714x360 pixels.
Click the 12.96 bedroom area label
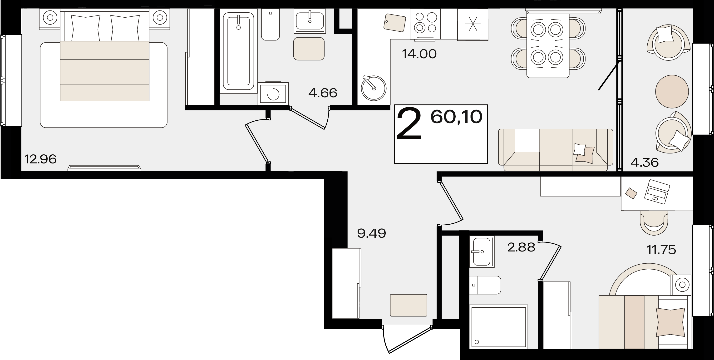point(40,159)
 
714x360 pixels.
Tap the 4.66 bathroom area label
point(323,93)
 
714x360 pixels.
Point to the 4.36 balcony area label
point(645,163)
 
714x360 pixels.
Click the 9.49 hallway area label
point(372,234)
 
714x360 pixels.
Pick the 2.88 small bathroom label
point(521,247)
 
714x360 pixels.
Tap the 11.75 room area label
point(662,250)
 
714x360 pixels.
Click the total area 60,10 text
point(457,117)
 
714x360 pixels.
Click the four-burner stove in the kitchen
point(425,24)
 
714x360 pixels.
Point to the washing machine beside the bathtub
point(273,94)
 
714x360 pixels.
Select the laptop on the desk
point(657,192)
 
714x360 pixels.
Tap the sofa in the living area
point(556,150)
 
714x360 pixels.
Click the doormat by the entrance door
point(409,305)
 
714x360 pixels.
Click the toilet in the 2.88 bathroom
point(485,285)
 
